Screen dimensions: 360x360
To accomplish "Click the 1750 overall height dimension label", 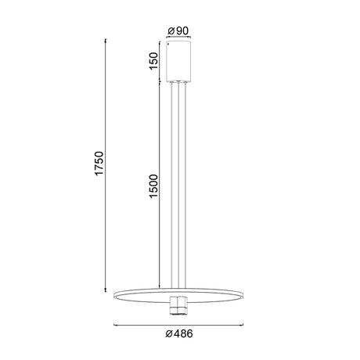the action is pyautogui.click(x=99, y=164).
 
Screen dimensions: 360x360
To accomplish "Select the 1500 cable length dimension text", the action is pyautogui.click(x=154, y=186).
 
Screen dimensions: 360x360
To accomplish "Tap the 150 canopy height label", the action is pyautogui.click(x=153, y=61).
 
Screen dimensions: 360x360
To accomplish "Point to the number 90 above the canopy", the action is pyautogui.click(x=182, y=31).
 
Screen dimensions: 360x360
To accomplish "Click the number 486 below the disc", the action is pyautogui.click(x=183, y=333).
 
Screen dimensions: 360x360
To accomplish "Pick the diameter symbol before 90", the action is pyautogui.click(x=171, y=31).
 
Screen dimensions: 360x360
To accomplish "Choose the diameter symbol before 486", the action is pyautogui.click(x=169, y=333).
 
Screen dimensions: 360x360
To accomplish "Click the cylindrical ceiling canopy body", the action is pyautogui.click(x=178, y=61).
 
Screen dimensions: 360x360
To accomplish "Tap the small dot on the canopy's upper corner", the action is pyautogui.click(x=168, y=44).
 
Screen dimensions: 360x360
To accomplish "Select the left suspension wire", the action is pyautogui.click(x=171, y=185).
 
